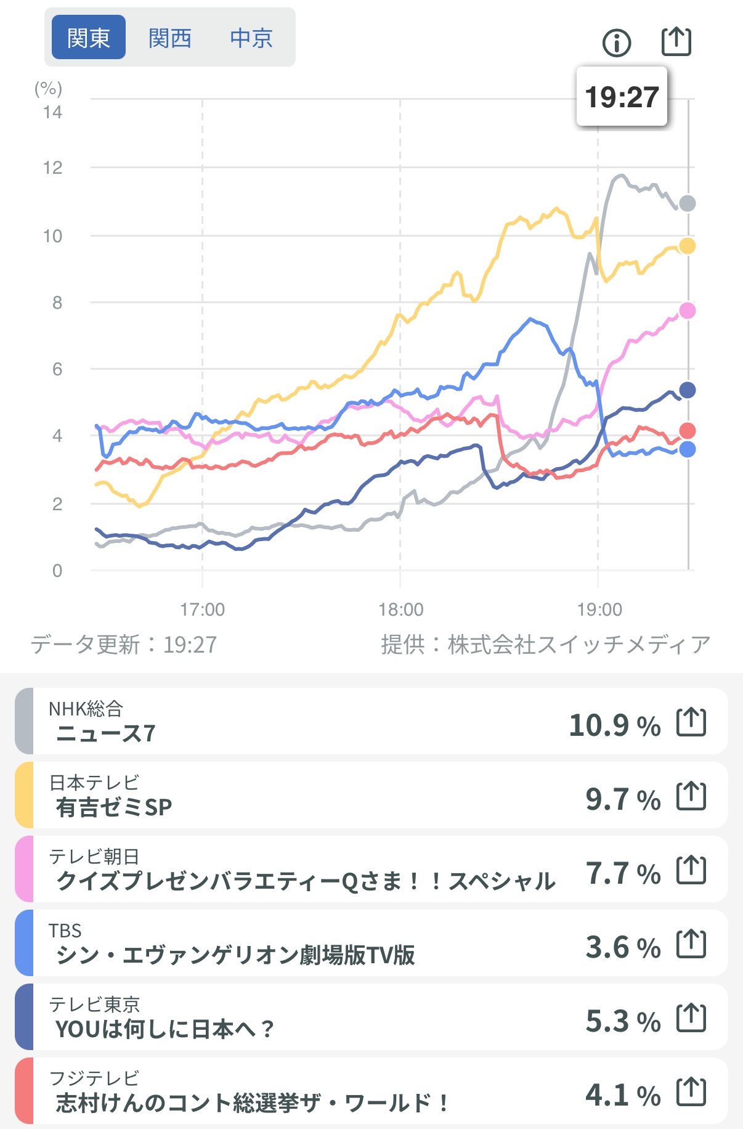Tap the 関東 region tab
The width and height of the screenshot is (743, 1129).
tap(89, 38)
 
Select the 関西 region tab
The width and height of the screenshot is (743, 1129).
tap(170, 38)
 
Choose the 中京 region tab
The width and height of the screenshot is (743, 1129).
tap(251, 38)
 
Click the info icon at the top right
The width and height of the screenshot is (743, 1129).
tap(617, 43)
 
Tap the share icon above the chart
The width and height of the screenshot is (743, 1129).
tap(676, 42)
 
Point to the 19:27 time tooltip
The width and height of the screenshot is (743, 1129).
tap(622, 97)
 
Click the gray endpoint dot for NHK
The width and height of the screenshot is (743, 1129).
tap(687, 203)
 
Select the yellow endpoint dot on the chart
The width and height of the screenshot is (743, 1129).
tap(687, 246)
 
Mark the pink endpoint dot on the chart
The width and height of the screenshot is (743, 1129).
tap(687, 311)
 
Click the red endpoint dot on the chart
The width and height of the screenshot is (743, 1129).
tap(687, 431)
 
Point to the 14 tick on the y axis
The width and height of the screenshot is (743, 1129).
tap(53, 112)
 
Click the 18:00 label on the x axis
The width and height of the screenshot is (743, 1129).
tap(400, 609)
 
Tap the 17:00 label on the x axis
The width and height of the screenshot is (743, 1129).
tap(202, 609)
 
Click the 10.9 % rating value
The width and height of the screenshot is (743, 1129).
tap(614, 725)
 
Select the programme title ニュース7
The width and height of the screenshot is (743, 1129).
tap(106, 733)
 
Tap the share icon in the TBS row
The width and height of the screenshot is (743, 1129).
tap(691, 944)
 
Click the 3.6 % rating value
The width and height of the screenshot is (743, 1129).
tap(623, 947)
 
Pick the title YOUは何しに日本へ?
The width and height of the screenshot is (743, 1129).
tap(164, 1029)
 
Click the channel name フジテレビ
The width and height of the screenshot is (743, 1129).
tap(94, 1078)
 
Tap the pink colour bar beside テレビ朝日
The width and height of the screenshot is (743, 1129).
tap(24, 869)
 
